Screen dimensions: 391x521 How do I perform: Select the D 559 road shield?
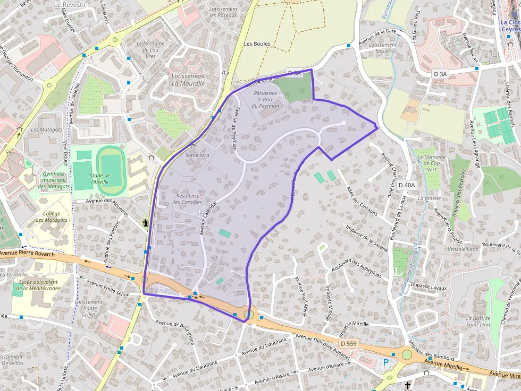pos(349,344)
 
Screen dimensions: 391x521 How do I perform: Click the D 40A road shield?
pos(407,185)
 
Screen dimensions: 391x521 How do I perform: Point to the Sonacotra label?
pos(197,155)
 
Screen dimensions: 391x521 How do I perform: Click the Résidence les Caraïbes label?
pos(188,199)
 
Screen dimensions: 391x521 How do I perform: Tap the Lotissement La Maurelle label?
pos(188,80)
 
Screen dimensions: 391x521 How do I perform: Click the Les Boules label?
pos(257,44)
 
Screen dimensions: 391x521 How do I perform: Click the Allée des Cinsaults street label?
pos(362,202)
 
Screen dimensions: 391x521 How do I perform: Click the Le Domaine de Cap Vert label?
pos(432,163)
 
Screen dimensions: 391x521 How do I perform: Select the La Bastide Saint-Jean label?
pos(478,321)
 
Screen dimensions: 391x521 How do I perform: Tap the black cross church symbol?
pos(408,386)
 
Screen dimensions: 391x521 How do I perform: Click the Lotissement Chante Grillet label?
pos(89,308)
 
